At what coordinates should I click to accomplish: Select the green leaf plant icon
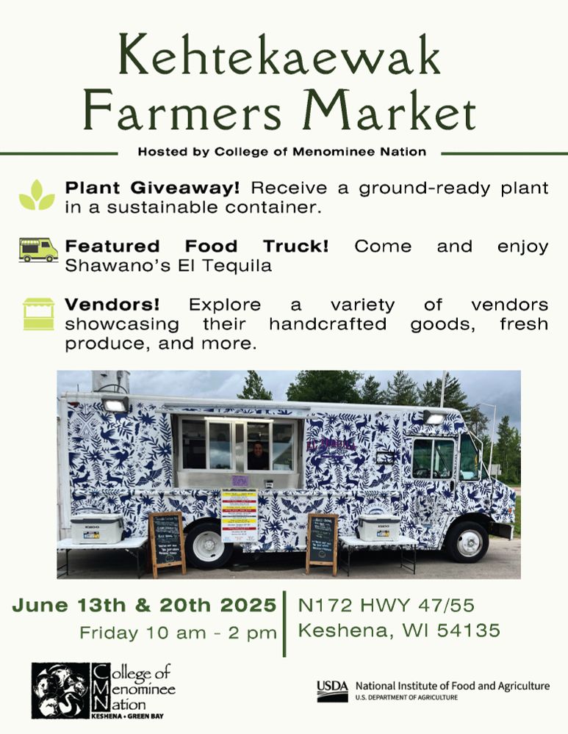click(37, 195)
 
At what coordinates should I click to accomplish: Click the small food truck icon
click(38, 250)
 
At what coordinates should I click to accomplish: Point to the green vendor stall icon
click(38, 313)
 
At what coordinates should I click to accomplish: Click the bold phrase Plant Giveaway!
click(152, 188)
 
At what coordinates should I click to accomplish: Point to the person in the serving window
click(258, 454)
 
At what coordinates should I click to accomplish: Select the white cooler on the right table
click(379, 526)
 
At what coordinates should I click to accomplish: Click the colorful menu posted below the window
click(239, 514)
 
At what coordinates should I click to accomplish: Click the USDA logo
click(332, 690)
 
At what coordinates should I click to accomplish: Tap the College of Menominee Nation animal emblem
click(60, 691)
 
